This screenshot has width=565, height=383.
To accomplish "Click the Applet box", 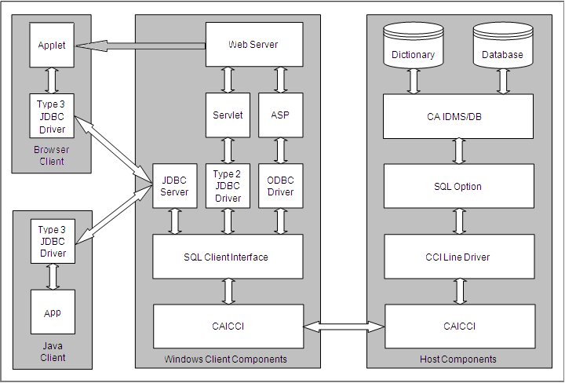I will coord(52,45).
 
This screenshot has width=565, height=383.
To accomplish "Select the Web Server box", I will coord(253,45).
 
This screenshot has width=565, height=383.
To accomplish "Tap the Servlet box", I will coord(228,115).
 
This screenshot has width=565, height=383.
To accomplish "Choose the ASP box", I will coord(280,115).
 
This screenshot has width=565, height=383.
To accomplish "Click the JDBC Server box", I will coord(174,186).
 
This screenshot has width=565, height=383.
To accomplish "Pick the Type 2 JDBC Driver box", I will coord(228,186).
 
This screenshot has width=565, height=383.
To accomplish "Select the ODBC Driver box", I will coord(280,186).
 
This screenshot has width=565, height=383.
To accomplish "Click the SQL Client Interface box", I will coord(228,257).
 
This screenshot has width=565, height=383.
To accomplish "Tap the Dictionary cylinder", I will coord(413,49).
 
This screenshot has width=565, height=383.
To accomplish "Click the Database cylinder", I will coord(502,49).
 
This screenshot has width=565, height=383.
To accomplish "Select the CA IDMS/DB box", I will coord(458,116).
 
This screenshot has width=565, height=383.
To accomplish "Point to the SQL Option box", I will coord(458,186).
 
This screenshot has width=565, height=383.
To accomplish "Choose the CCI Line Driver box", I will coord(458,257).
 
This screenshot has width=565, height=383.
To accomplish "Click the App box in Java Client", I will coord(52,312).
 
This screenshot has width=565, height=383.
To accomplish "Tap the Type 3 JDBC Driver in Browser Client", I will coord(52,116).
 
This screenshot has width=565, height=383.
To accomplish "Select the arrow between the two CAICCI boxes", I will coord(344,326).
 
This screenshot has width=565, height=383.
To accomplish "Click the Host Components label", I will coord(458,359).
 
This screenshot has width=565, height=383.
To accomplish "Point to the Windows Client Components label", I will coord(225,359).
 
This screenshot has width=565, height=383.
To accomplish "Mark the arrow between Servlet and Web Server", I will coord(228,79).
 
